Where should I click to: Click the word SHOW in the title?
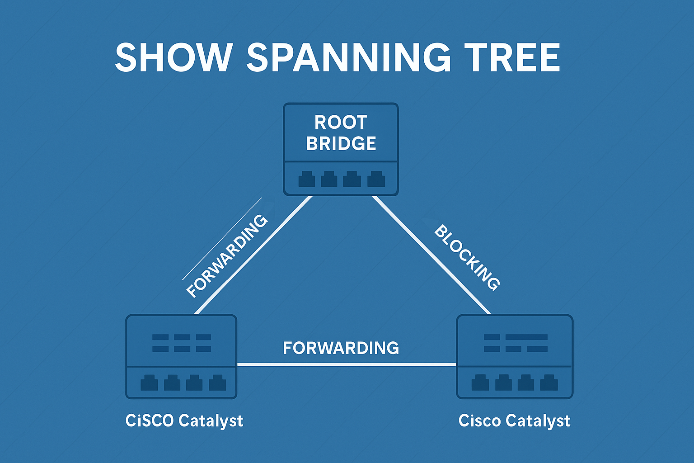tap(173, 58)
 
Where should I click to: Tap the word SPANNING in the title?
tap(348, 58)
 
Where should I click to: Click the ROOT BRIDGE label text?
tap(341, 133)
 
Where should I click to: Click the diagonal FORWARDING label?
tap(227, 256)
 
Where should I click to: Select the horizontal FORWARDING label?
tap(341, 348)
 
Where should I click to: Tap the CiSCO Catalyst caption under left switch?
tap(184, 420)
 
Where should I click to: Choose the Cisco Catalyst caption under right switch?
tap(514, 420)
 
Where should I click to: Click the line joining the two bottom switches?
tap(347, 364)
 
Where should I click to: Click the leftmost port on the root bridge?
tap(307, 180)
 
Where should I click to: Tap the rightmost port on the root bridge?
tap(376, 180)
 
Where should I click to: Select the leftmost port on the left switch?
tap(149, 383)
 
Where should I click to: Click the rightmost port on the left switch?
tap(217, 383)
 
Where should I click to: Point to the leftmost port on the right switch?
tap(480, 383)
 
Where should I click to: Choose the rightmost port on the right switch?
tap(549, 383)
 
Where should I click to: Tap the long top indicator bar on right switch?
tap(526, 337)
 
